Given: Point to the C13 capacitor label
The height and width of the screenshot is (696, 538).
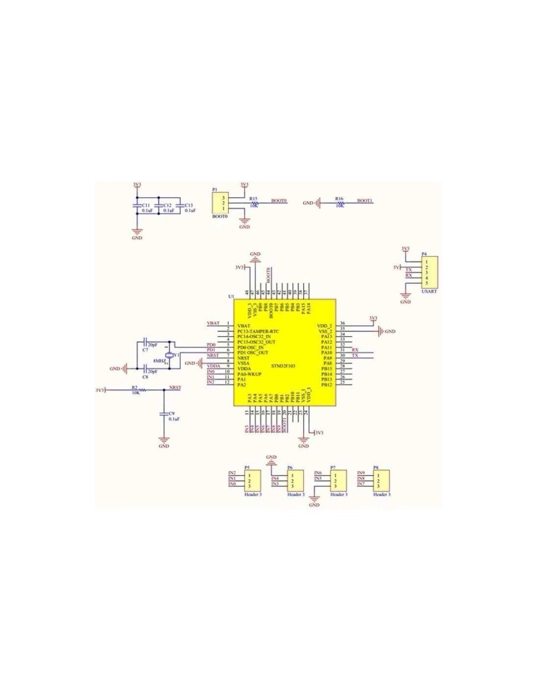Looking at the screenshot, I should [x=189, y=205].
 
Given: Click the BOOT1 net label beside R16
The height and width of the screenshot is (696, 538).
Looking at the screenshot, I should [x=364, y=201].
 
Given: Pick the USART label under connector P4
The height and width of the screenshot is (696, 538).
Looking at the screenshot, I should [x=428, y=291].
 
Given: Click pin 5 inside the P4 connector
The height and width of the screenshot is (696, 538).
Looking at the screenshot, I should [x=427, y=283].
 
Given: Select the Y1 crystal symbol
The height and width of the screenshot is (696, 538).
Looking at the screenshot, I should [x=169, y=355].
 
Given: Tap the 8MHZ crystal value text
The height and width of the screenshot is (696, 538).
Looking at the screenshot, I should [x=159, y=361].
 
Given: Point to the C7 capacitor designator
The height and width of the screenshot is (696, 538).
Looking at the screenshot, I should [x=145, y=350].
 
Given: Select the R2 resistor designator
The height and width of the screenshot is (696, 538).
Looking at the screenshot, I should [x=134, y=387].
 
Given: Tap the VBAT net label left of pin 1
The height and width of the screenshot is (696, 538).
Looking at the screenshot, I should [x=213, y=324].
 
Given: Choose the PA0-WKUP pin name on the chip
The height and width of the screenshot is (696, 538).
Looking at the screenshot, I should [x=249, y=374].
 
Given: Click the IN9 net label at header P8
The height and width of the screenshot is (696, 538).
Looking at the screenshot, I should [x=361, y=473].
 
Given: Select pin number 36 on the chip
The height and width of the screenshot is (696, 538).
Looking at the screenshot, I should [x=342, y=324].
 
